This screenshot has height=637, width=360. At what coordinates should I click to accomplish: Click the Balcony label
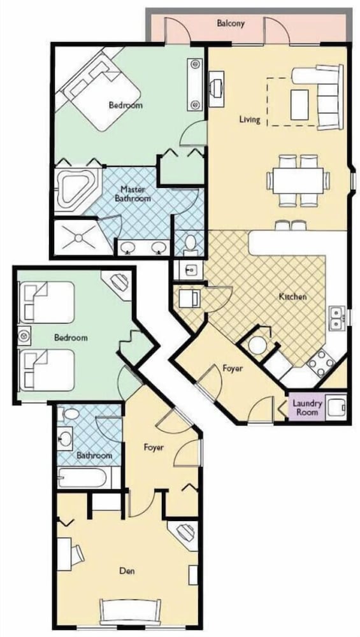(x=231, y=23)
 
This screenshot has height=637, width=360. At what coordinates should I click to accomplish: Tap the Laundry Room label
(x=308, y=408)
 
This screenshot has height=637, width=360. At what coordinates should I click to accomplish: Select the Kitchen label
(x=292, y=297)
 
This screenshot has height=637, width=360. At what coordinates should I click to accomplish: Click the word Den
(x=127, y=571)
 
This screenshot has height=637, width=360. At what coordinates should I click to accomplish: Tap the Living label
(x=250, y=120)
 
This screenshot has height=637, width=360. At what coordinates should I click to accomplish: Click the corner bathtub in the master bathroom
(x=77, y=190)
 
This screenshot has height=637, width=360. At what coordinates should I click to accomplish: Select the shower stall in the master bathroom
(x=78, y=237)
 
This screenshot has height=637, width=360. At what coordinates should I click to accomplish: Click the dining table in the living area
(x=298, y=181)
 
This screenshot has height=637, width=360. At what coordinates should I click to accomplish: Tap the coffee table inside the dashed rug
(x=299, y=105)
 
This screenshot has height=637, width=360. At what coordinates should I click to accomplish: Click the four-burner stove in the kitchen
(x=321, y=362)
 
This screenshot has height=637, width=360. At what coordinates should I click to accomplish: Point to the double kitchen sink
(x=337, y=318)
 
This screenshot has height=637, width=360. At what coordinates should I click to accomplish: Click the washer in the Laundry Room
(x=336, y=406)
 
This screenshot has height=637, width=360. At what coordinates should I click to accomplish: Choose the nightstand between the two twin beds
(x=24, y=336)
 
